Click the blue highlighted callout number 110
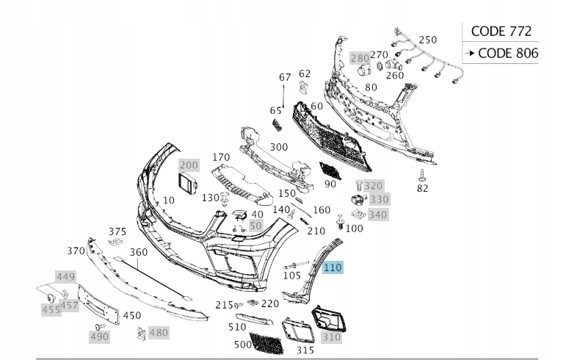[333, 268]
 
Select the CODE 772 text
[501, 31]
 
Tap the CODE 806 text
[507, 53]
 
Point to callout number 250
[427, 40]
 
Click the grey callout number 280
[360, 57]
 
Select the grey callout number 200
[189, 165]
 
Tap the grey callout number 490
[99, 336]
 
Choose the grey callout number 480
[159, 333]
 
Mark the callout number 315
[305, 350]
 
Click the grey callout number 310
[331, 337]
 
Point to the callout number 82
[422, 189]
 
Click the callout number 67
[285, 78]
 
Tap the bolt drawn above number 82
[421, 174]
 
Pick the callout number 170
[221, 157]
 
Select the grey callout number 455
[51, 310]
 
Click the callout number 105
[291, 276]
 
